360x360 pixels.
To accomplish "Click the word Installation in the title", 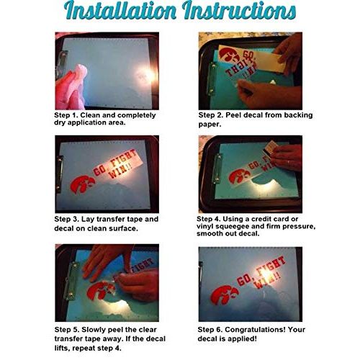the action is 120,11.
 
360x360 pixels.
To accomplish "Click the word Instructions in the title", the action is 239,11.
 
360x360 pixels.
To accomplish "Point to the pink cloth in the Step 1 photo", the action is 71,88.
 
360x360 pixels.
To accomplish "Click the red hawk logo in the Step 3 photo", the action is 82,184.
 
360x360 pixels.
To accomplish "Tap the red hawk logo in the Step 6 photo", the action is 225,294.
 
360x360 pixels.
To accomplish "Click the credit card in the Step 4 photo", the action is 269,148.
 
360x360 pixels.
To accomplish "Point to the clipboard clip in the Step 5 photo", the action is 72,281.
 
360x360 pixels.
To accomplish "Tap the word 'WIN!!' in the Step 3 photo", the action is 120,171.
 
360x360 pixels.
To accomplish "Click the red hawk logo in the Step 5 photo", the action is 101,291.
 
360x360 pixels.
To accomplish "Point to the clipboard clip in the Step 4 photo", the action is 217,168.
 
